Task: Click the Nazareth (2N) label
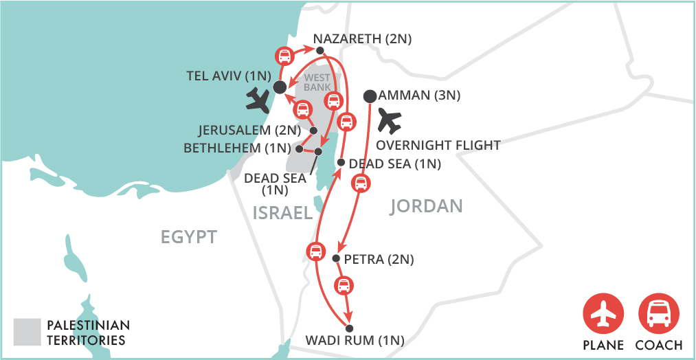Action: coord(362,39)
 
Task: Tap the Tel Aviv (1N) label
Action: coord(229,76)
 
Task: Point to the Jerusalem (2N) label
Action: coord(249,129)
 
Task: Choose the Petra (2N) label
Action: coord(379,259)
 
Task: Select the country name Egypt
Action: coord(189,237)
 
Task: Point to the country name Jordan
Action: coord(426,205)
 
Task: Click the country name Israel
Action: coord(282,212)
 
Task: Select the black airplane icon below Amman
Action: coord(389,121)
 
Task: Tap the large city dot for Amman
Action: coord(370,95)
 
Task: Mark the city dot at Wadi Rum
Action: coord(349,328)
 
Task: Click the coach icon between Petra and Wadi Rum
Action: coord(344,284)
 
